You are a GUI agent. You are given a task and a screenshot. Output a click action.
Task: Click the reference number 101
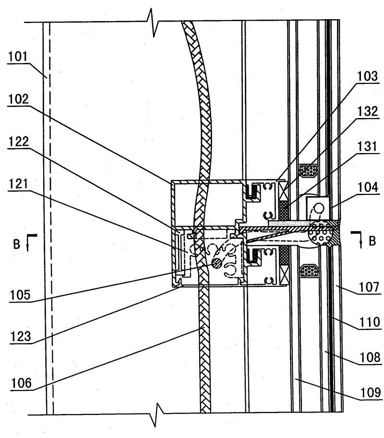coord(18,57)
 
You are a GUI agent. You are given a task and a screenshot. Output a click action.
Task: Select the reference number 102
coord(18,99)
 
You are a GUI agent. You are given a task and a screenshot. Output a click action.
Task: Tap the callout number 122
coord(18,142)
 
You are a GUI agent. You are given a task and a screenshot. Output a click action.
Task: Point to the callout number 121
coord(18,184)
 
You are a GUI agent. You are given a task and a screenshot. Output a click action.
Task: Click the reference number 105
coord(20,295)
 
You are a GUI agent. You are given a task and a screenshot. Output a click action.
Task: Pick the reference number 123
coord(21,336)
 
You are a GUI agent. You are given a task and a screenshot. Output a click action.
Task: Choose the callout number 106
coord(21,383)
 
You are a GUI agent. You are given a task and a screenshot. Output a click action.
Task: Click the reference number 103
coord(368,76)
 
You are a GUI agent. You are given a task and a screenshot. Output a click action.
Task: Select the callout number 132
coord(368,111)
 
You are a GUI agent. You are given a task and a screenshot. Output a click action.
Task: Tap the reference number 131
coord(367,147)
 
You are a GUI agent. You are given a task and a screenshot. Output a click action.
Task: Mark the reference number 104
coord(368,187)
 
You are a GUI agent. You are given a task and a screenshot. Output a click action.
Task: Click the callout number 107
coord(369,287)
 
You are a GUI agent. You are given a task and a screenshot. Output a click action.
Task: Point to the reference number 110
coord(370,322)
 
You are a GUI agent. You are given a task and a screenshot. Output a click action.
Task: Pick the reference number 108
coord(370,357)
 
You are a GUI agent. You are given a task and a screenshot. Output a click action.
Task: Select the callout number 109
coord(371,392)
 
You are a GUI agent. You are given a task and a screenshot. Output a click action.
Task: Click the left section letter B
coord(17,244)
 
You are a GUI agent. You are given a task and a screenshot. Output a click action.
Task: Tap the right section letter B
coord(372,241)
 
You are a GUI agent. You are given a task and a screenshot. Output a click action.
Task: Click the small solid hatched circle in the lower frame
coord(216,262)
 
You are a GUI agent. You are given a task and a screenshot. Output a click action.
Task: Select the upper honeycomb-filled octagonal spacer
coord(309,170)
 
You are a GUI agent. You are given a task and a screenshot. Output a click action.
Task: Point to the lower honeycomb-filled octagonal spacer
coord(309,271)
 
